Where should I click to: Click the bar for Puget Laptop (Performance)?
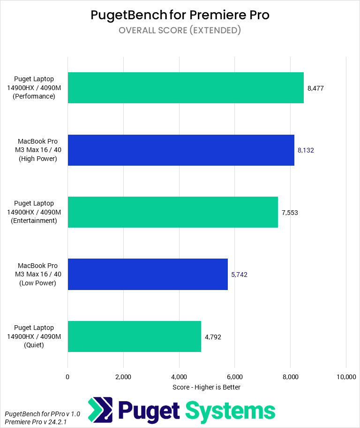click(186, 88)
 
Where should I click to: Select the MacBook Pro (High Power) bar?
click(181, 150)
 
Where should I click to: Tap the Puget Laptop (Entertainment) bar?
click(173, 212)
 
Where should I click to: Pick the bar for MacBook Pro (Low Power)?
click(148, 274)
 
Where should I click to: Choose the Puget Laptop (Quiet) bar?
click(135, 336)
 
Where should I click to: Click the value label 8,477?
click(316, 88)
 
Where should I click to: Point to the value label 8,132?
click(306, 150)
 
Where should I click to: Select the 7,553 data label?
click(290, 213)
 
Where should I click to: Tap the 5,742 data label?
click(239, 275)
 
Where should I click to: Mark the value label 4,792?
click(213, 336)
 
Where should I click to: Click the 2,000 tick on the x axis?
click(123, 377)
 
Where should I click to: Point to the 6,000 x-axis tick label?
click(234, 377)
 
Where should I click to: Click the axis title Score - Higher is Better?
click(207, 387)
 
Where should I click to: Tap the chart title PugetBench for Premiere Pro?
click(180, 15)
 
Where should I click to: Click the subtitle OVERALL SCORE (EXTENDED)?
click(180, 31)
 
